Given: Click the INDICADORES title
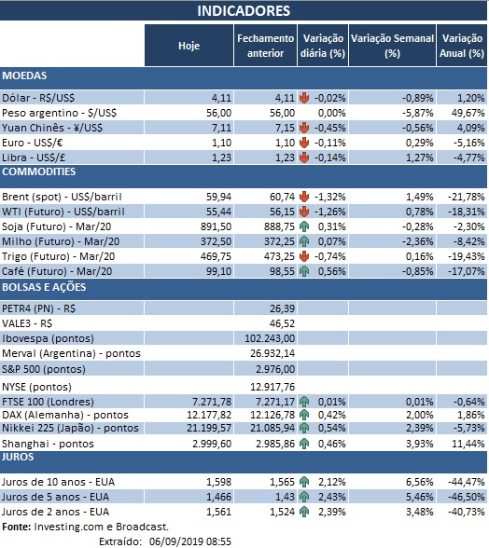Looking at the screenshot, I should coord(244,11).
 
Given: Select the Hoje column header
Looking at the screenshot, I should coord(189,46).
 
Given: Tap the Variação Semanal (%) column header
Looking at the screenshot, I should coord(392,46).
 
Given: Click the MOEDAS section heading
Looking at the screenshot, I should coord(25,75).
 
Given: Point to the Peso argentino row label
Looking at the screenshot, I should coord(52,111).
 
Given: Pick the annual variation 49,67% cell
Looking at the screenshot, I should coord(464,111).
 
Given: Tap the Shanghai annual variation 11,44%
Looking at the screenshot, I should coord(464,443).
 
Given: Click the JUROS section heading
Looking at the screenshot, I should coord(21,458).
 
